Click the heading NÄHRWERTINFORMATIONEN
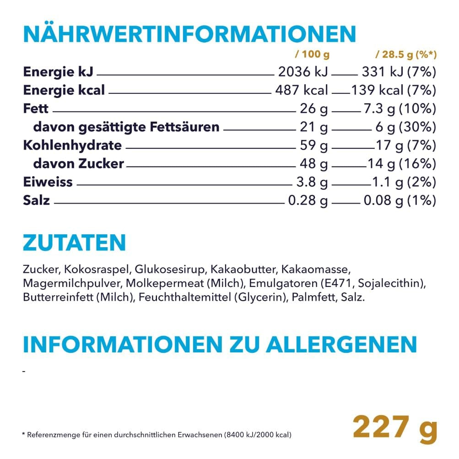click(189, 34)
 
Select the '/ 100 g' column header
click(313, 55)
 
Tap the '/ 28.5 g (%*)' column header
click(406, 55)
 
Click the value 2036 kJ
click(303, 72)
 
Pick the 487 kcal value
click(302, 91)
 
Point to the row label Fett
click(36, 109)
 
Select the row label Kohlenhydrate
click(72, 146)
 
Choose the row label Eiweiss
click(48, 182)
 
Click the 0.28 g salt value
click(308, 200)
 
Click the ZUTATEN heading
click(74, 243)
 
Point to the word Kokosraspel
click(87, 268)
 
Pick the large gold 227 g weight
click(395, 428)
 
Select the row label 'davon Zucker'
click(78, 164)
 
